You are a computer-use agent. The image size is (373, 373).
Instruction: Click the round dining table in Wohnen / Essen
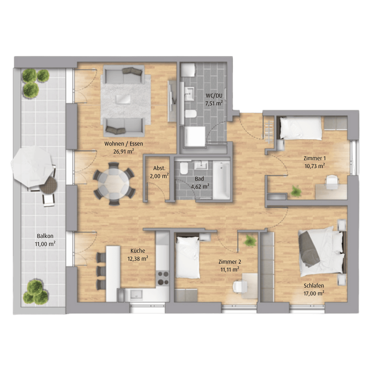[114, 183]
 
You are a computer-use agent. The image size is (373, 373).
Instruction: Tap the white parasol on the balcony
[32, 167]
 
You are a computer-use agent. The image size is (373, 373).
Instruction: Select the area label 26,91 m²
[123, 151]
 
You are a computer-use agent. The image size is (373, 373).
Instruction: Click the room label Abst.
[159, 168]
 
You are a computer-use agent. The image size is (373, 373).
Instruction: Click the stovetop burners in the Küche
[163, 278]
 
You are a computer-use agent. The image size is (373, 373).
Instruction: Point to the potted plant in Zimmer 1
[296, 191]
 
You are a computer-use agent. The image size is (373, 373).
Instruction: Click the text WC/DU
[214, 96]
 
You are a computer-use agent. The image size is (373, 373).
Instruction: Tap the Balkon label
[45, 236]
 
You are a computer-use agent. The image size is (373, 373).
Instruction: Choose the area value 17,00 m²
[314, 293]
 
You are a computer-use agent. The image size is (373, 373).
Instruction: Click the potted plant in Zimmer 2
[250, 241]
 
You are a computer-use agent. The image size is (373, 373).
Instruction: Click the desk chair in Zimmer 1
[332, 181]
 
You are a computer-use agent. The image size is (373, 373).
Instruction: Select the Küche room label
[138, 251]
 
